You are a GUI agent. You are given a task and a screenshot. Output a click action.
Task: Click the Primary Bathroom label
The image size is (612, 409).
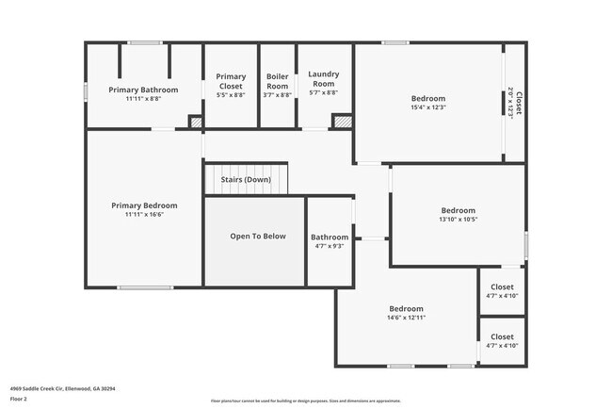[142, 90]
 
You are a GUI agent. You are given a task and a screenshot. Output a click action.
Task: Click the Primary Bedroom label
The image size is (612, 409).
[144, 205]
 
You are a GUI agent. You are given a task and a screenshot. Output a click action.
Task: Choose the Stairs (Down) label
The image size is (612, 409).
[246, 179]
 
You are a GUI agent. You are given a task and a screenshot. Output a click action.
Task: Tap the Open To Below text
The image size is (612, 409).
[258, 237]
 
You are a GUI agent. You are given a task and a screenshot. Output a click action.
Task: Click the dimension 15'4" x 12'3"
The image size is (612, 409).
[428, 107]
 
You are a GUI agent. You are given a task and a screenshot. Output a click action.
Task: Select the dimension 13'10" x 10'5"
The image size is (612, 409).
[458, 220]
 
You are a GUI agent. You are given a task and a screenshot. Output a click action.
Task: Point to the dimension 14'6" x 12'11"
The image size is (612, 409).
[407, 318]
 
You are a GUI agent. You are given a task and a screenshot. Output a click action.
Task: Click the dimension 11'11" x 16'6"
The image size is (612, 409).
[144, 215]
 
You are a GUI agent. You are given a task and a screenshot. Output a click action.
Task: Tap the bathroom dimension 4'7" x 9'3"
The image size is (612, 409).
[330, 247]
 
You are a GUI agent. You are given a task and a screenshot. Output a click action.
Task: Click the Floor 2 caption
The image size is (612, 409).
[20, 399]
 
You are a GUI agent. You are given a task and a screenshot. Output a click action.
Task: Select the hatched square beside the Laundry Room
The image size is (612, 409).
[343, 122]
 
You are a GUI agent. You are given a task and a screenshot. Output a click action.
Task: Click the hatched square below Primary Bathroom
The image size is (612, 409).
[196, 122]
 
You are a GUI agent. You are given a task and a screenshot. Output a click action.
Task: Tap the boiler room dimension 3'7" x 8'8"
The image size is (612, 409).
[278, 92]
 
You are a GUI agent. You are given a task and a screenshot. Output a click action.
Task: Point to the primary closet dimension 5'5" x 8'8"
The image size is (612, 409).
[231, 95]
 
